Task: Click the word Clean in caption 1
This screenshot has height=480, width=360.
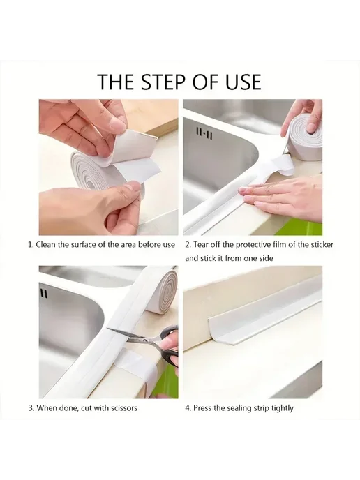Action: (45, 245)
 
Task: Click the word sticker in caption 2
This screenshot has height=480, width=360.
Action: (322, 245)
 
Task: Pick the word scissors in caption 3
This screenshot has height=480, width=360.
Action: (123, 408)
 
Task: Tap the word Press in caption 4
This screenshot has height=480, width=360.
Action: (202, 408)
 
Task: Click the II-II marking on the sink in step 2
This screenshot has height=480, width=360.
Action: (204, 134)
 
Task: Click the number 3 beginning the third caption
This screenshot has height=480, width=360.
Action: (30, 408)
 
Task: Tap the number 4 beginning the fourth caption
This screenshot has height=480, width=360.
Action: (187, 408)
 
